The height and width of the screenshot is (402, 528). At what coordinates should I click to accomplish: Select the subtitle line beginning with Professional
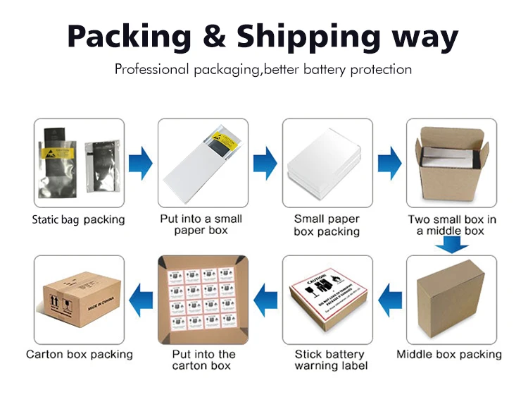pos(263,69)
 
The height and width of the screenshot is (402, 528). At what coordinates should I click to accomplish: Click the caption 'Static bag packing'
pos(78,219)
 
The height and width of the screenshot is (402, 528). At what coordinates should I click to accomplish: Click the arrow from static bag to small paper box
pos(142,163)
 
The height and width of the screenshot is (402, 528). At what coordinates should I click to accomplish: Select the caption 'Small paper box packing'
pos(327,225)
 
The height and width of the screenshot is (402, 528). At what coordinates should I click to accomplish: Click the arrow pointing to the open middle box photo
pos(390,163)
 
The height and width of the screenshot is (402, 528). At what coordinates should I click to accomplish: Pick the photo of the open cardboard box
pos(451,163)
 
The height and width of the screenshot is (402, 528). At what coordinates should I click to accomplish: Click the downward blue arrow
pos(451,245)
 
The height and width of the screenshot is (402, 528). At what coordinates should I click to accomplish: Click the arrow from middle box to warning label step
pos(390,300)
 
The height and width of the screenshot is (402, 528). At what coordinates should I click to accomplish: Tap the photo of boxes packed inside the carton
pos(203,300)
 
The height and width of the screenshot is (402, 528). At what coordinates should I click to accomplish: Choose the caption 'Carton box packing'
pos(80,354)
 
